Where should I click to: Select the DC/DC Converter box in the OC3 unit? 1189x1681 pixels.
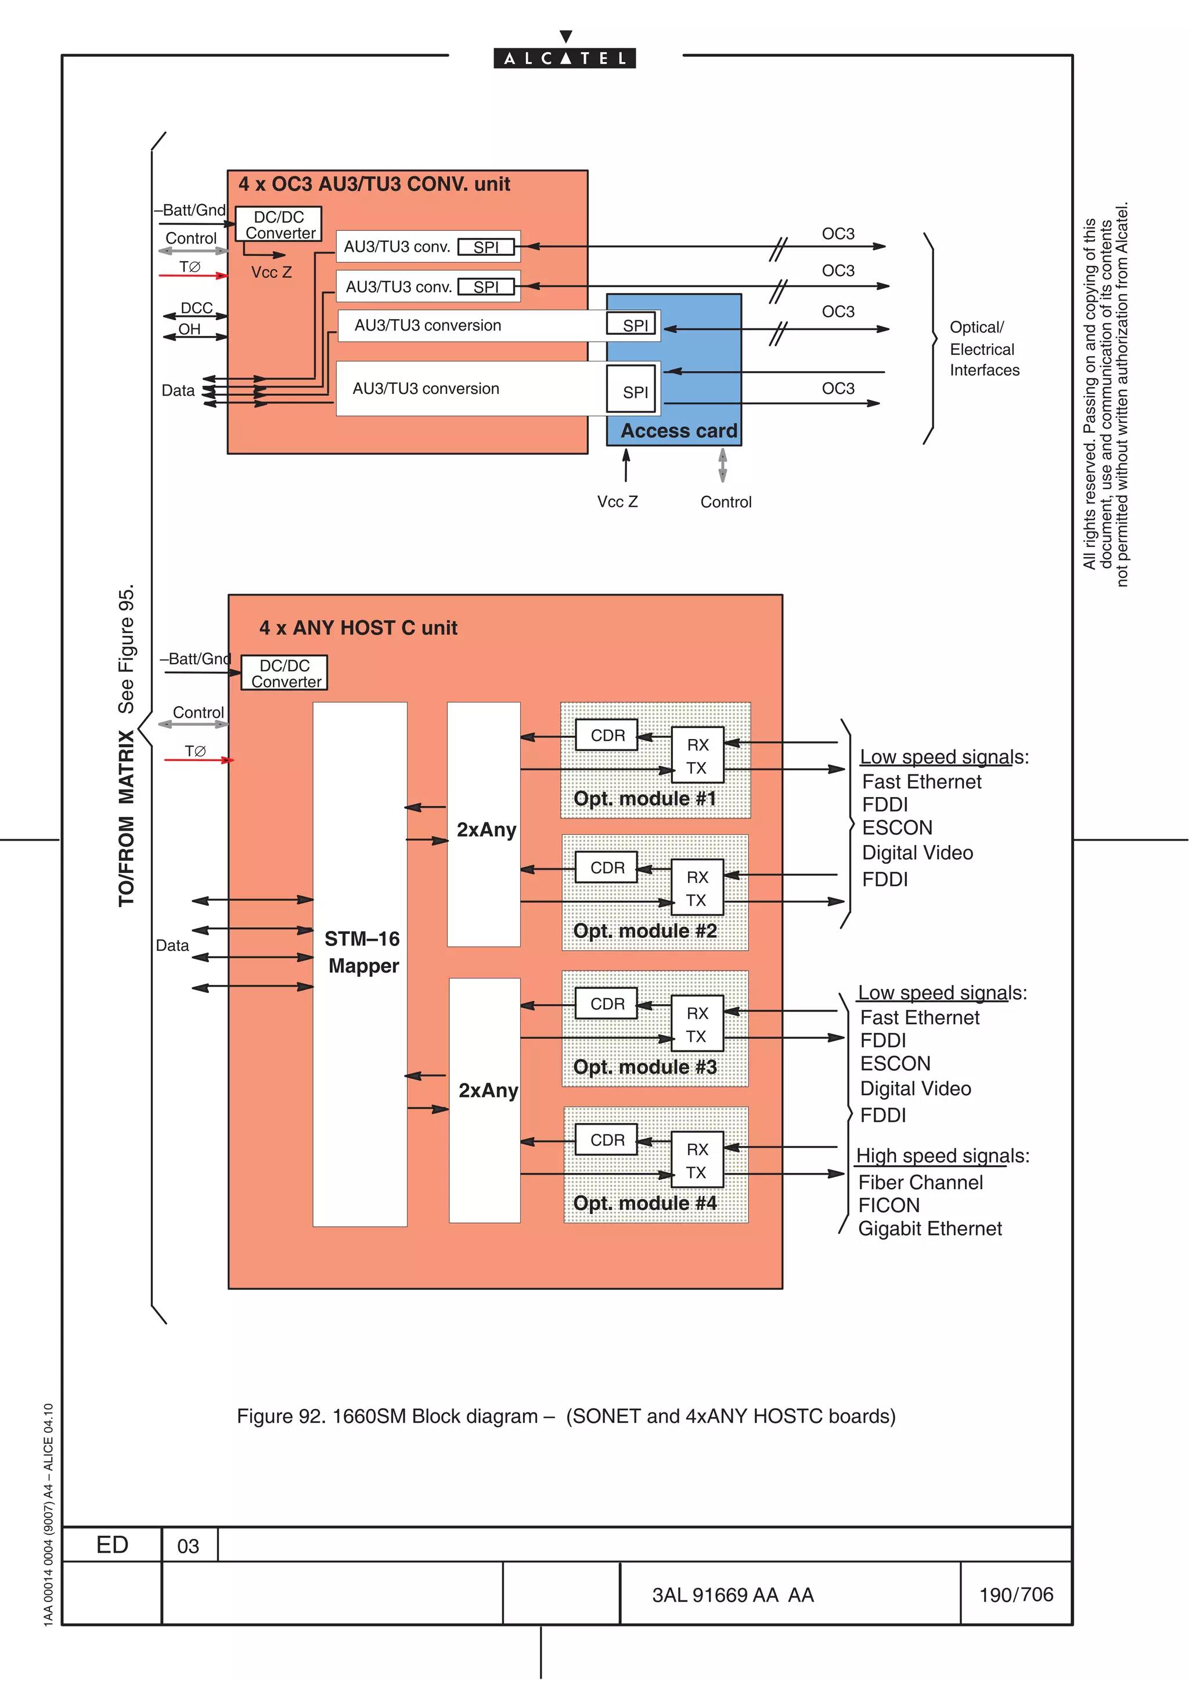click(x=279, y=224)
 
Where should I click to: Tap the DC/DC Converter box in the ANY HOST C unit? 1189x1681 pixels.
click(x=284, y=673)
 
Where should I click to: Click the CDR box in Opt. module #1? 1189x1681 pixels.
click(x=607, y=735)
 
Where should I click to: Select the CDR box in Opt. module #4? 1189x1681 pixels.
click(x=607, y=1140)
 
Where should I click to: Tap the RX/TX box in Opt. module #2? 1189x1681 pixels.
click(x=697, y=888)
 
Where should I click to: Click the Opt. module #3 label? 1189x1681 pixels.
click(x=644, y=1067)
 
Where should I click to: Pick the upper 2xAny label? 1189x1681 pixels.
click(x=486, y=829)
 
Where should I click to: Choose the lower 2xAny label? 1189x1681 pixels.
click(x=488, y=1090)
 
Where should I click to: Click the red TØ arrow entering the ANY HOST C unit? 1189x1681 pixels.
click(x=198, y=760)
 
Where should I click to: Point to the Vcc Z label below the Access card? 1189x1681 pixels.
click(x=617, y=502)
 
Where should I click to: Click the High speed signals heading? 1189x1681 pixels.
click(x=942, y=1156)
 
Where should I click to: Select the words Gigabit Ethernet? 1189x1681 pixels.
click(x=929, y=1229)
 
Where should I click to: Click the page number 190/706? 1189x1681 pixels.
click(x=1015, y=1595)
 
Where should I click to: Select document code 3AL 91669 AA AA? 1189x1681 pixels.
click(x=733, y=1595)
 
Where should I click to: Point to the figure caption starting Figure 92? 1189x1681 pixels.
click(x=565, y=1416)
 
